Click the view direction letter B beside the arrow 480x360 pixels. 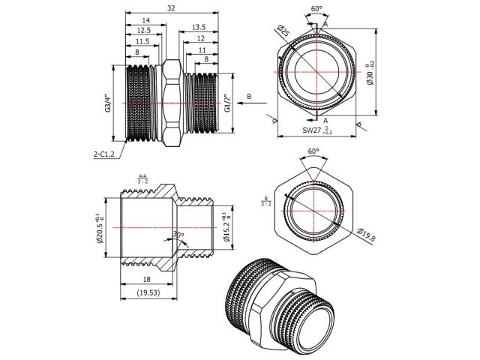point(249,97)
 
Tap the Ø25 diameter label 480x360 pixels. point(283,32)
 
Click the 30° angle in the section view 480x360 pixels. point(178,235)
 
